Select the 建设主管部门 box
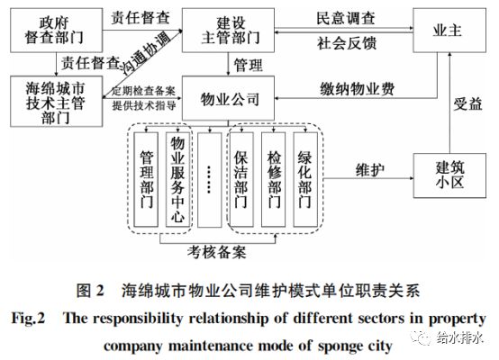pyautogui.click(x=226, y=28)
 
